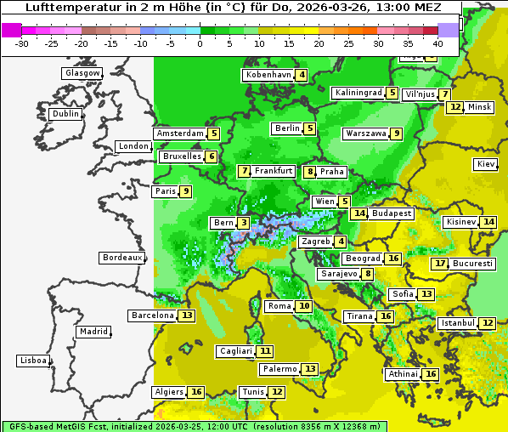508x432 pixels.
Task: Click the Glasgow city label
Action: tap(82, 73)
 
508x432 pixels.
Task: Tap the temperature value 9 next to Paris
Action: tap(185, 191)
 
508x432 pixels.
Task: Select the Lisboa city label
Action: tap(33, 361)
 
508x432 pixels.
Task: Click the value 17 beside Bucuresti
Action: tap(439, 264)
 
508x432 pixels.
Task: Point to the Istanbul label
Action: tap(457, 324)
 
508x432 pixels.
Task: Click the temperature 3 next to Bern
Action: tap(244, 223)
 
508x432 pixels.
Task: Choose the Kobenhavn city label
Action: tap(268, 75)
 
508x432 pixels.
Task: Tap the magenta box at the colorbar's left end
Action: tap(11, 30)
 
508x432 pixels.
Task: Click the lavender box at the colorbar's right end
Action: tap(448, 30)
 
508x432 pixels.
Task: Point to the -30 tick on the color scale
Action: tap(22, 43)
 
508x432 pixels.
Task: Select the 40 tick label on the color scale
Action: tap(437, 43)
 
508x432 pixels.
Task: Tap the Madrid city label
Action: tap(93, 332)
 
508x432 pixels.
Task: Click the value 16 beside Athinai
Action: tap(431, 374)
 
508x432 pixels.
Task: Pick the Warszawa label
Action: tap(365, 134)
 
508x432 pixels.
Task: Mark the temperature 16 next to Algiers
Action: tap(196, 392)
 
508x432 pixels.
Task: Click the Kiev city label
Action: tap(486, 164)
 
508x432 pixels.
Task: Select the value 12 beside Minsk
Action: tap(455, 107)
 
